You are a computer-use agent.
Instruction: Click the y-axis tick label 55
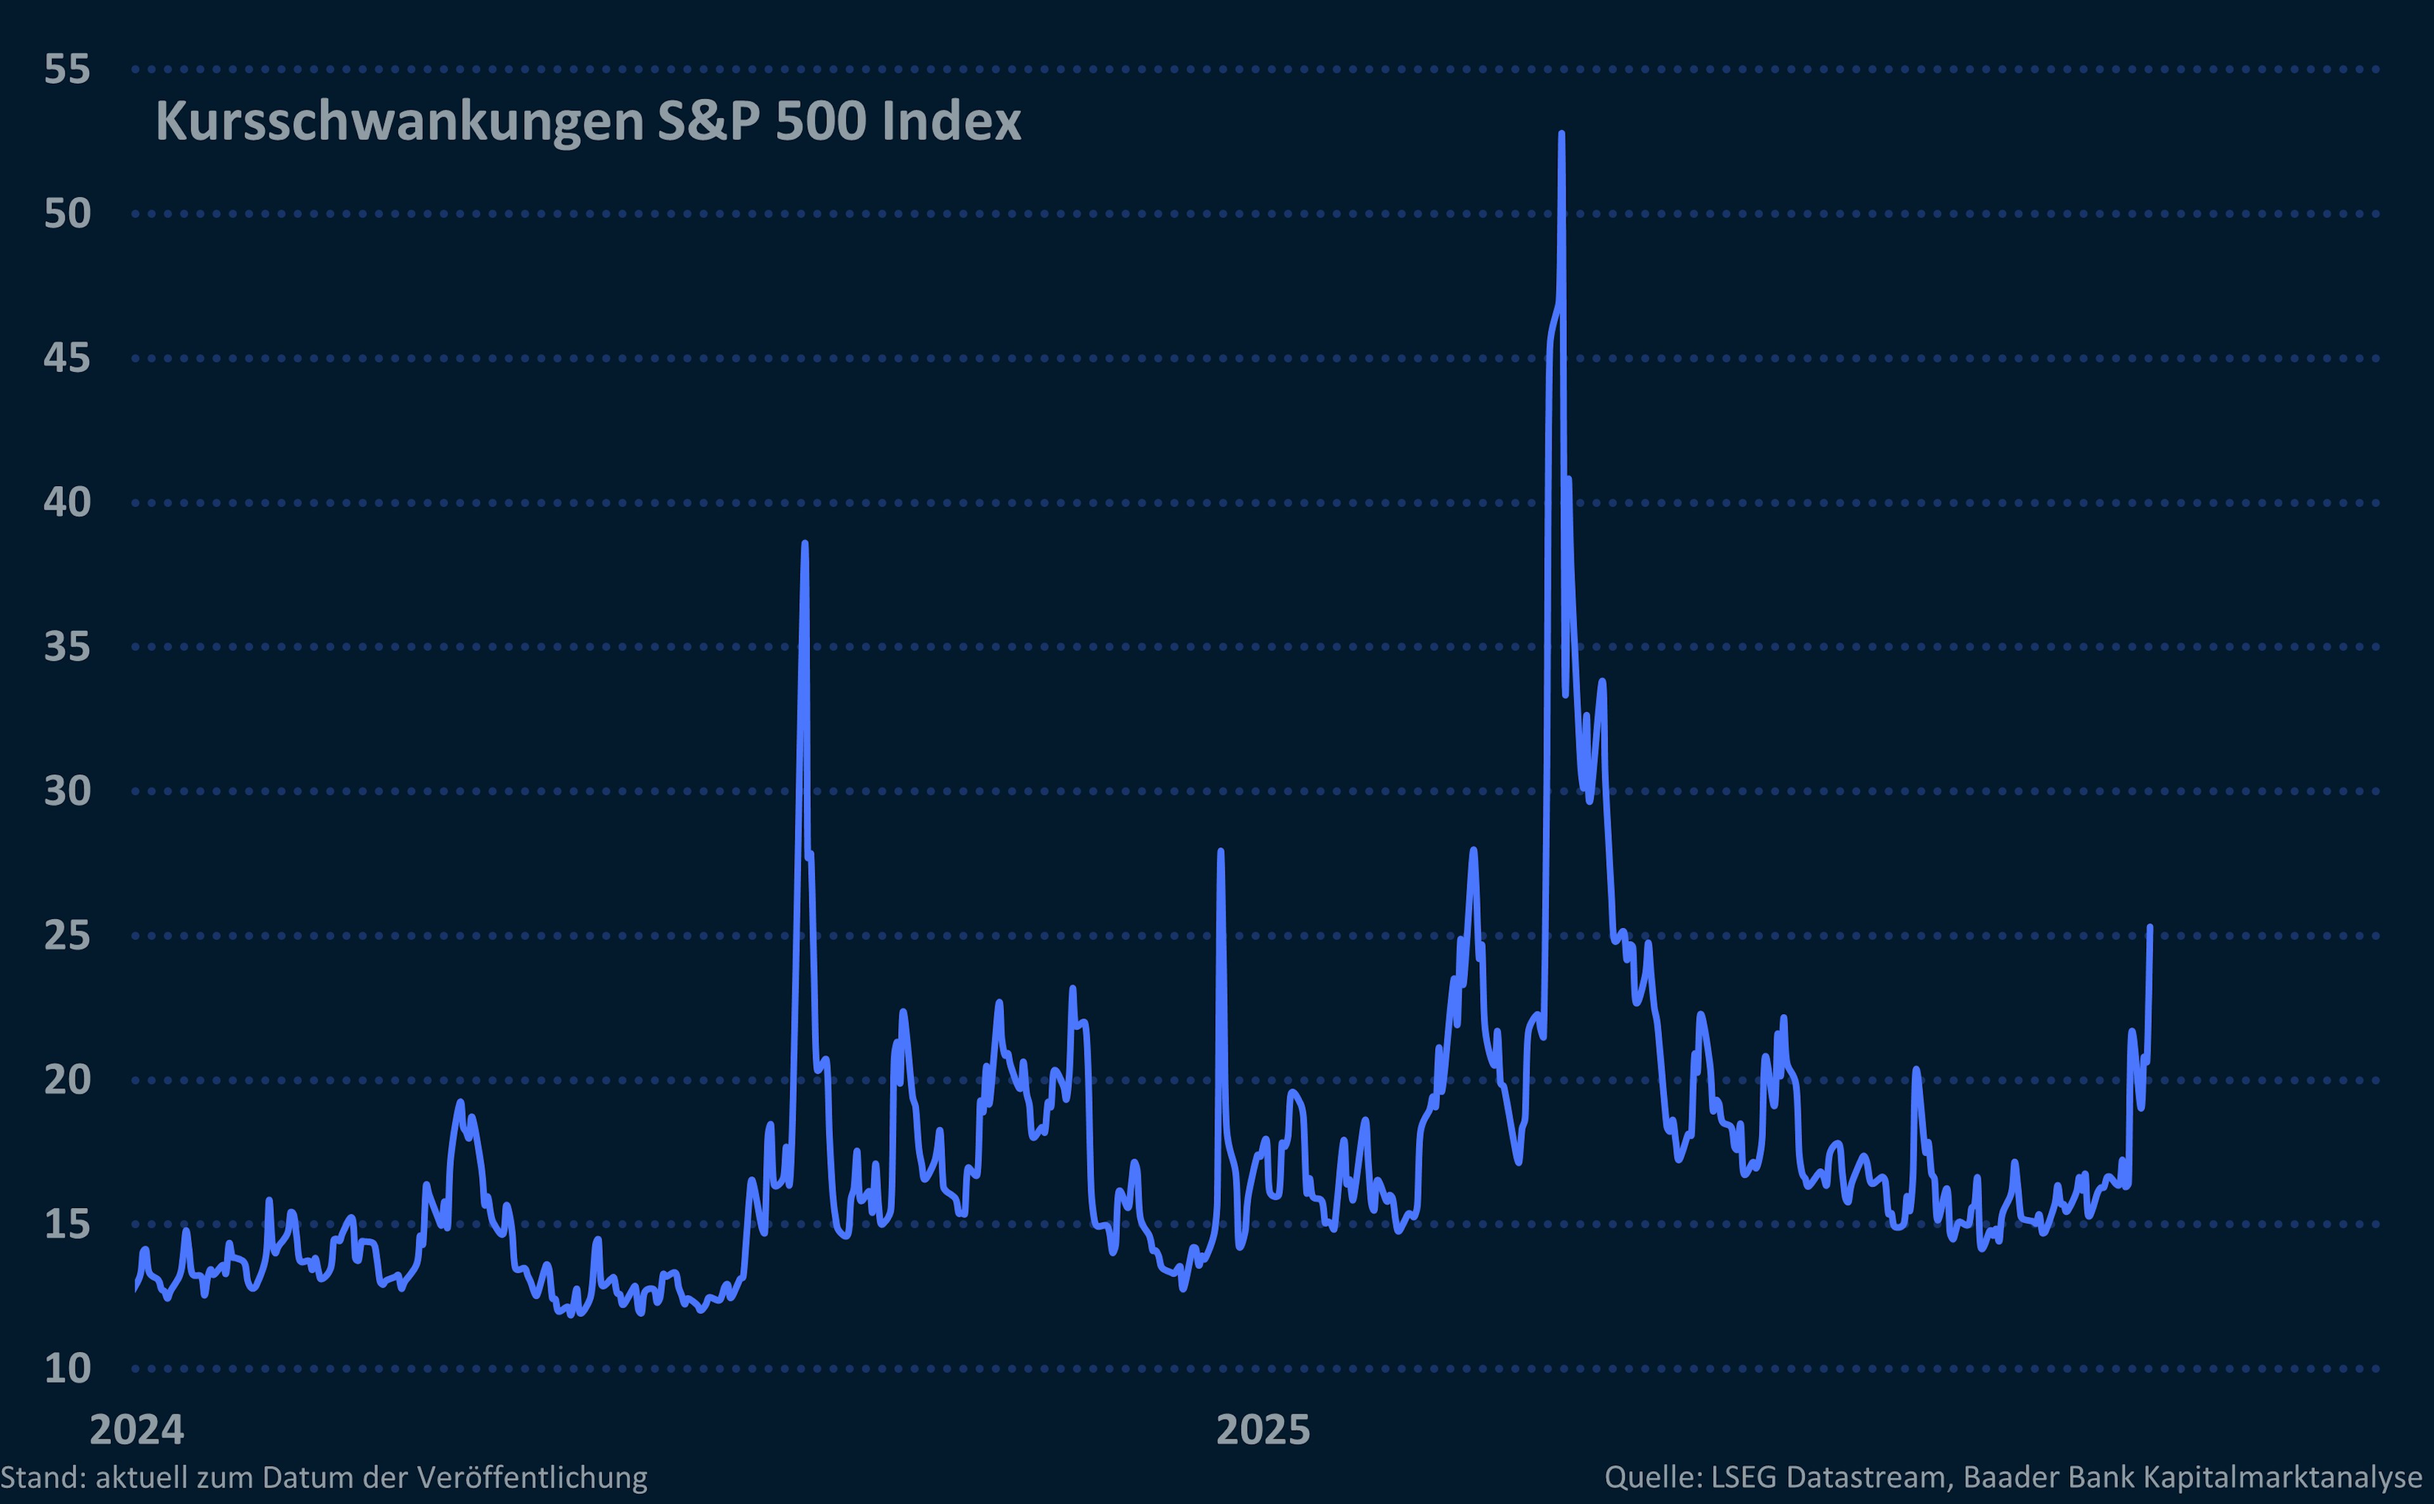(x=67, y=70)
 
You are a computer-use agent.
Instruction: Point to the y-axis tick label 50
(x=67, y=214)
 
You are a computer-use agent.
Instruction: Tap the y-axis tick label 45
(x=67, y=358)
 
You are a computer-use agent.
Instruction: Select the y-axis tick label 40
(x=67, y=503)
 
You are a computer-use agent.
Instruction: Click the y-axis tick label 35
(x=67, y=646)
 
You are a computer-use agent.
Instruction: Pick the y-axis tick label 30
(x=67, y=791)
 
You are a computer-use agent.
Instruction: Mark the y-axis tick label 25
(x=67, y=935)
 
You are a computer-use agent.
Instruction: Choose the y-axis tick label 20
(x=67, y=1079)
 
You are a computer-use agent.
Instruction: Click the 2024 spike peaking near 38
(x=805, y=543)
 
